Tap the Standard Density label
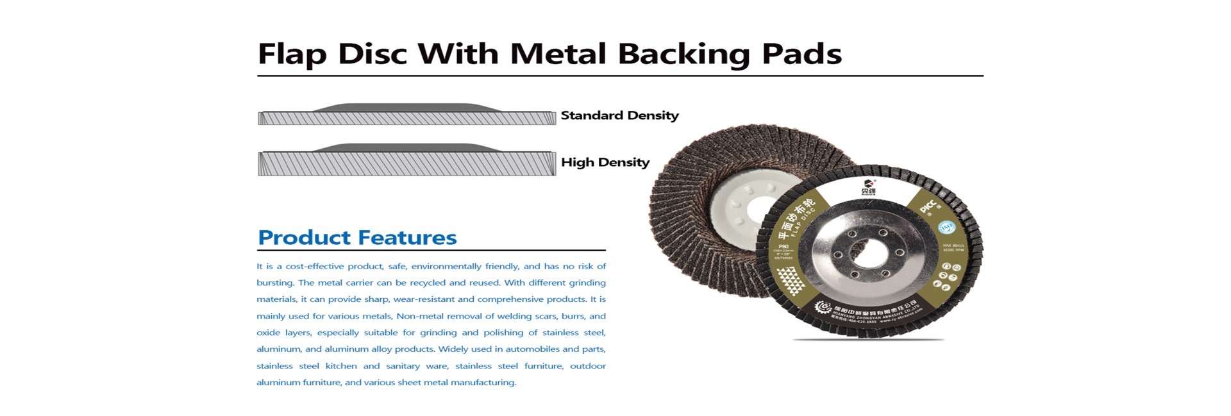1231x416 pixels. tap(619, 116)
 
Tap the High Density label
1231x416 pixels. tap(605, 163)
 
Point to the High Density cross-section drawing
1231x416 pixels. tap(406, 160)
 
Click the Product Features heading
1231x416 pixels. tap(356, 238)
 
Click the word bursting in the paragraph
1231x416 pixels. tap(274, 283)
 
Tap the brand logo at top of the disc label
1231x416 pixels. tap(869, 186)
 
